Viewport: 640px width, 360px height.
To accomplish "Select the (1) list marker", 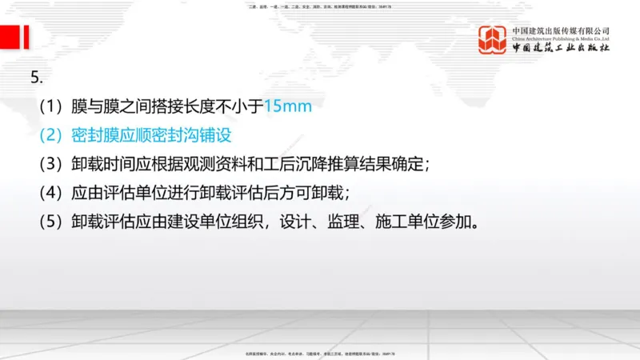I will pyautogui.click(x=53, y=106).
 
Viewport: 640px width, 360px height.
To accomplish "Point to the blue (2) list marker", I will pyautogui.click(x=53, y=135).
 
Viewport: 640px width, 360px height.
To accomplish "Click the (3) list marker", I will pyautogui.click(x=53, y=164).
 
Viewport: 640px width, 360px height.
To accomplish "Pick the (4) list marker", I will pyautogui.click(x=53, y=193).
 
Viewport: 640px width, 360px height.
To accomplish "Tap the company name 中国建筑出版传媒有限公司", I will pyautogui.click(x=561, y=30).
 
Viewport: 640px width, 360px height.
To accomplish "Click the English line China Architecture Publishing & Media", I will pyautogui.click(x=561, y=38).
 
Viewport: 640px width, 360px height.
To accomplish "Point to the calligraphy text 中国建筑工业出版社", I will pyautogui.click(x=561, y=49).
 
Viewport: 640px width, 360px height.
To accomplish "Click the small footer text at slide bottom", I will pyautogui.click(x=320, y=354).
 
